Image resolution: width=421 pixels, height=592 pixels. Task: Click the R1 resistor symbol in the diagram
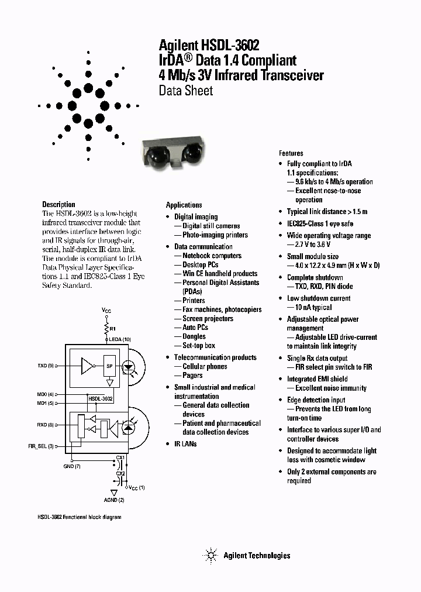(x=106, y=328)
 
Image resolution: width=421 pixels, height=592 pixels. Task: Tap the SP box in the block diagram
(x=109, y=366)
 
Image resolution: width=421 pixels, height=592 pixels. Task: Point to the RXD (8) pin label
(x=46, y=425)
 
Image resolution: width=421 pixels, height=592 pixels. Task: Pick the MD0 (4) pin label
(x=46, y=394)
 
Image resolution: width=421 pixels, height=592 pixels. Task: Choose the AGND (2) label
(x=114, y=500)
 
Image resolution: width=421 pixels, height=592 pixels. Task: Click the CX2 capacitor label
(x=120, y=473)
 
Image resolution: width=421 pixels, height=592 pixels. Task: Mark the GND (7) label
(x=73, y=466)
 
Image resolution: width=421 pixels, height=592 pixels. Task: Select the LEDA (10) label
(x=119, y=339)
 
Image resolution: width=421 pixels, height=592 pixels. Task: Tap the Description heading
(x=58, y=205)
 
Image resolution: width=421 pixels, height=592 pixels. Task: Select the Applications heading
(x=184, y=205)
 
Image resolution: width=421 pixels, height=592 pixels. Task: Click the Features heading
(x=291, y=153)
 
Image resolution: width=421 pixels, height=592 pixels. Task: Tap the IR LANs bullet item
(x=185, y=443)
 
